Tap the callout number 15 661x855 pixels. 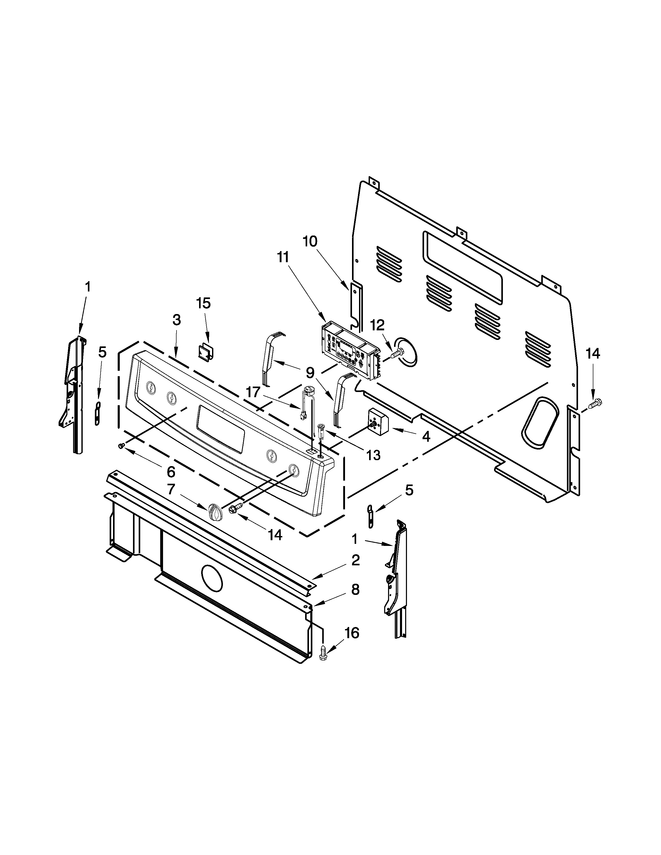[204, 303]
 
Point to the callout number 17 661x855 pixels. [253, 392]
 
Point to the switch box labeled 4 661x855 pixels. [377, 424]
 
